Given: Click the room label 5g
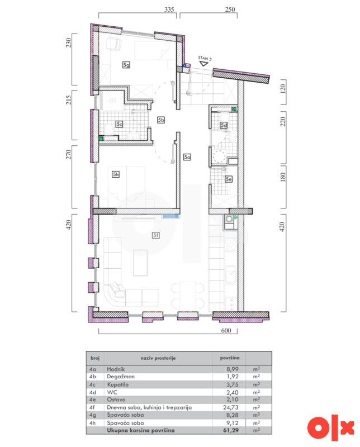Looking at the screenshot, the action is pos(126,65).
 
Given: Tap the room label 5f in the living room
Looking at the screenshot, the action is pos(156,235).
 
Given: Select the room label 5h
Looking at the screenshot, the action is pos(116,174).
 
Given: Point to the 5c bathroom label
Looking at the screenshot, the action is pos(119,124).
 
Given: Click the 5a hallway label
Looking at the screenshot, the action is pos(187,157).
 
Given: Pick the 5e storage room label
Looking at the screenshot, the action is pos(229,179).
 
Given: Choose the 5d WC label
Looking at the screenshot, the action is pos(224,125).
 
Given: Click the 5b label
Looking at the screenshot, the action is pos(161,120).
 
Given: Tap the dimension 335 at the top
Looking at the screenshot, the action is pos(169,9).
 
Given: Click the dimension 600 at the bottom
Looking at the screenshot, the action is pos(226,330).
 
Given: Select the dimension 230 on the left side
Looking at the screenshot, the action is pos(68,43).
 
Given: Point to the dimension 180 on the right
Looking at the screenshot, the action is pos(283,177).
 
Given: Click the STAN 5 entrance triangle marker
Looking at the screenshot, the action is pos(203,64).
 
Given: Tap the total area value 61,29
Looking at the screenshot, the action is pos(231,430).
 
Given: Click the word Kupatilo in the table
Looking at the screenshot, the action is pos(118,384).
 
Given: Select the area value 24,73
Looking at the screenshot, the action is pos(231,407).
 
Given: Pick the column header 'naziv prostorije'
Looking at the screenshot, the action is pos(158,358).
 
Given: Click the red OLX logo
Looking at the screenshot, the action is pos(330,428).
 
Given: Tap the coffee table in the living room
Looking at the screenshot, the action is pos(140,263).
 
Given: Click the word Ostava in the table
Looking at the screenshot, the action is pos(116,400).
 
